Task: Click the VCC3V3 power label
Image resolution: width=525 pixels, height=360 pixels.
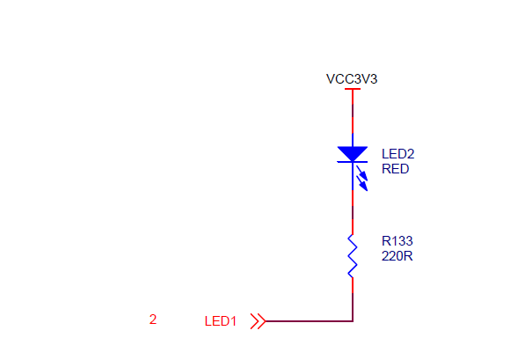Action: (352, 79)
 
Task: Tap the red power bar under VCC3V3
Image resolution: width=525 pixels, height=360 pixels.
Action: (353, 89)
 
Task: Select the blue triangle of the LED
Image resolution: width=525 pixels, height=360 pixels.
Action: (353, 154)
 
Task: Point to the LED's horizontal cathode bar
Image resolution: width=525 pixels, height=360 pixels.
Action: (353, 162)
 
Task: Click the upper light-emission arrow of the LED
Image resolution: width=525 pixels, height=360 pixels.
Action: (362, 173)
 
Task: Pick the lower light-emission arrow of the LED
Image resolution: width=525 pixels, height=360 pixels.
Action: (362, 184)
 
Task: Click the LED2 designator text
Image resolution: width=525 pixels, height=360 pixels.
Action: (397, 154)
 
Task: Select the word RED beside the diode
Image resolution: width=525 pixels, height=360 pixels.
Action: (396, 169)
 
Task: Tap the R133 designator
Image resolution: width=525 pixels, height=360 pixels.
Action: (397, 241)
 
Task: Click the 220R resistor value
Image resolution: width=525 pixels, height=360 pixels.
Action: (397, 256)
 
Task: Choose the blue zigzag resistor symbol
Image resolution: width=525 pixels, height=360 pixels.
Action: (353, 256)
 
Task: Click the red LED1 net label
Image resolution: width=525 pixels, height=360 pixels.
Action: (221, 321)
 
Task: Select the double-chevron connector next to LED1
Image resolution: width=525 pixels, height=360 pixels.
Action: (259, 321)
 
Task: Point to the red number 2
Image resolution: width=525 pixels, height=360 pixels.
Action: (153, 320)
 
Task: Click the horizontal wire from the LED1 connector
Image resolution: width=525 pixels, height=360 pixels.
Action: (309, 321)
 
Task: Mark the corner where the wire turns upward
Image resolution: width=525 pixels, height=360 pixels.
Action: (353, 321)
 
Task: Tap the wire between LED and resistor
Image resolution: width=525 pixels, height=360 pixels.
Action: (353, 212)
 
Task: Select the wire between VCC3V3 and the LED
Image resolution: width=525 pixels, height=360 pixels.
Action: (353, 112)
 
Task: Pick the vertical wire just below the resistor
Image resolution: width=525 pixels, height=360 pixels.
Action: (353, 299)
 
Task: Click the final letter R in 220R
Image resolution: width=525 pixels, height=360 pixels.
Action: (409, 256)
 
